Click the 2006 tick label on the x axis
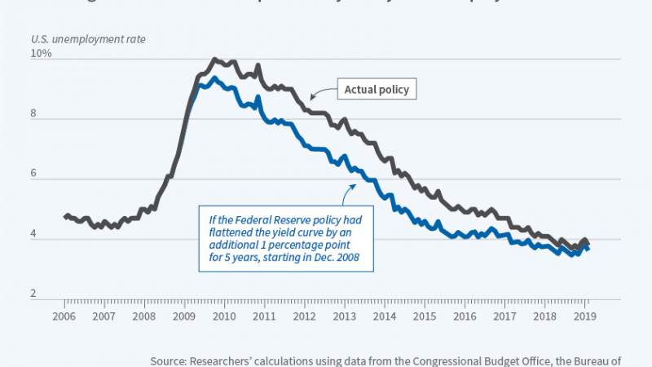pyautogui.click(x=65, y=315)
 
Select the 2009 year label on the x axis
pyautogui.click(x=183, y=315)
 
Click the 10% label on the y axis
pyautogui.click(x=42, y=54)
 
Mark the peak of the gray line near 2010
pyautogui.click(x=214, y=59)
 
